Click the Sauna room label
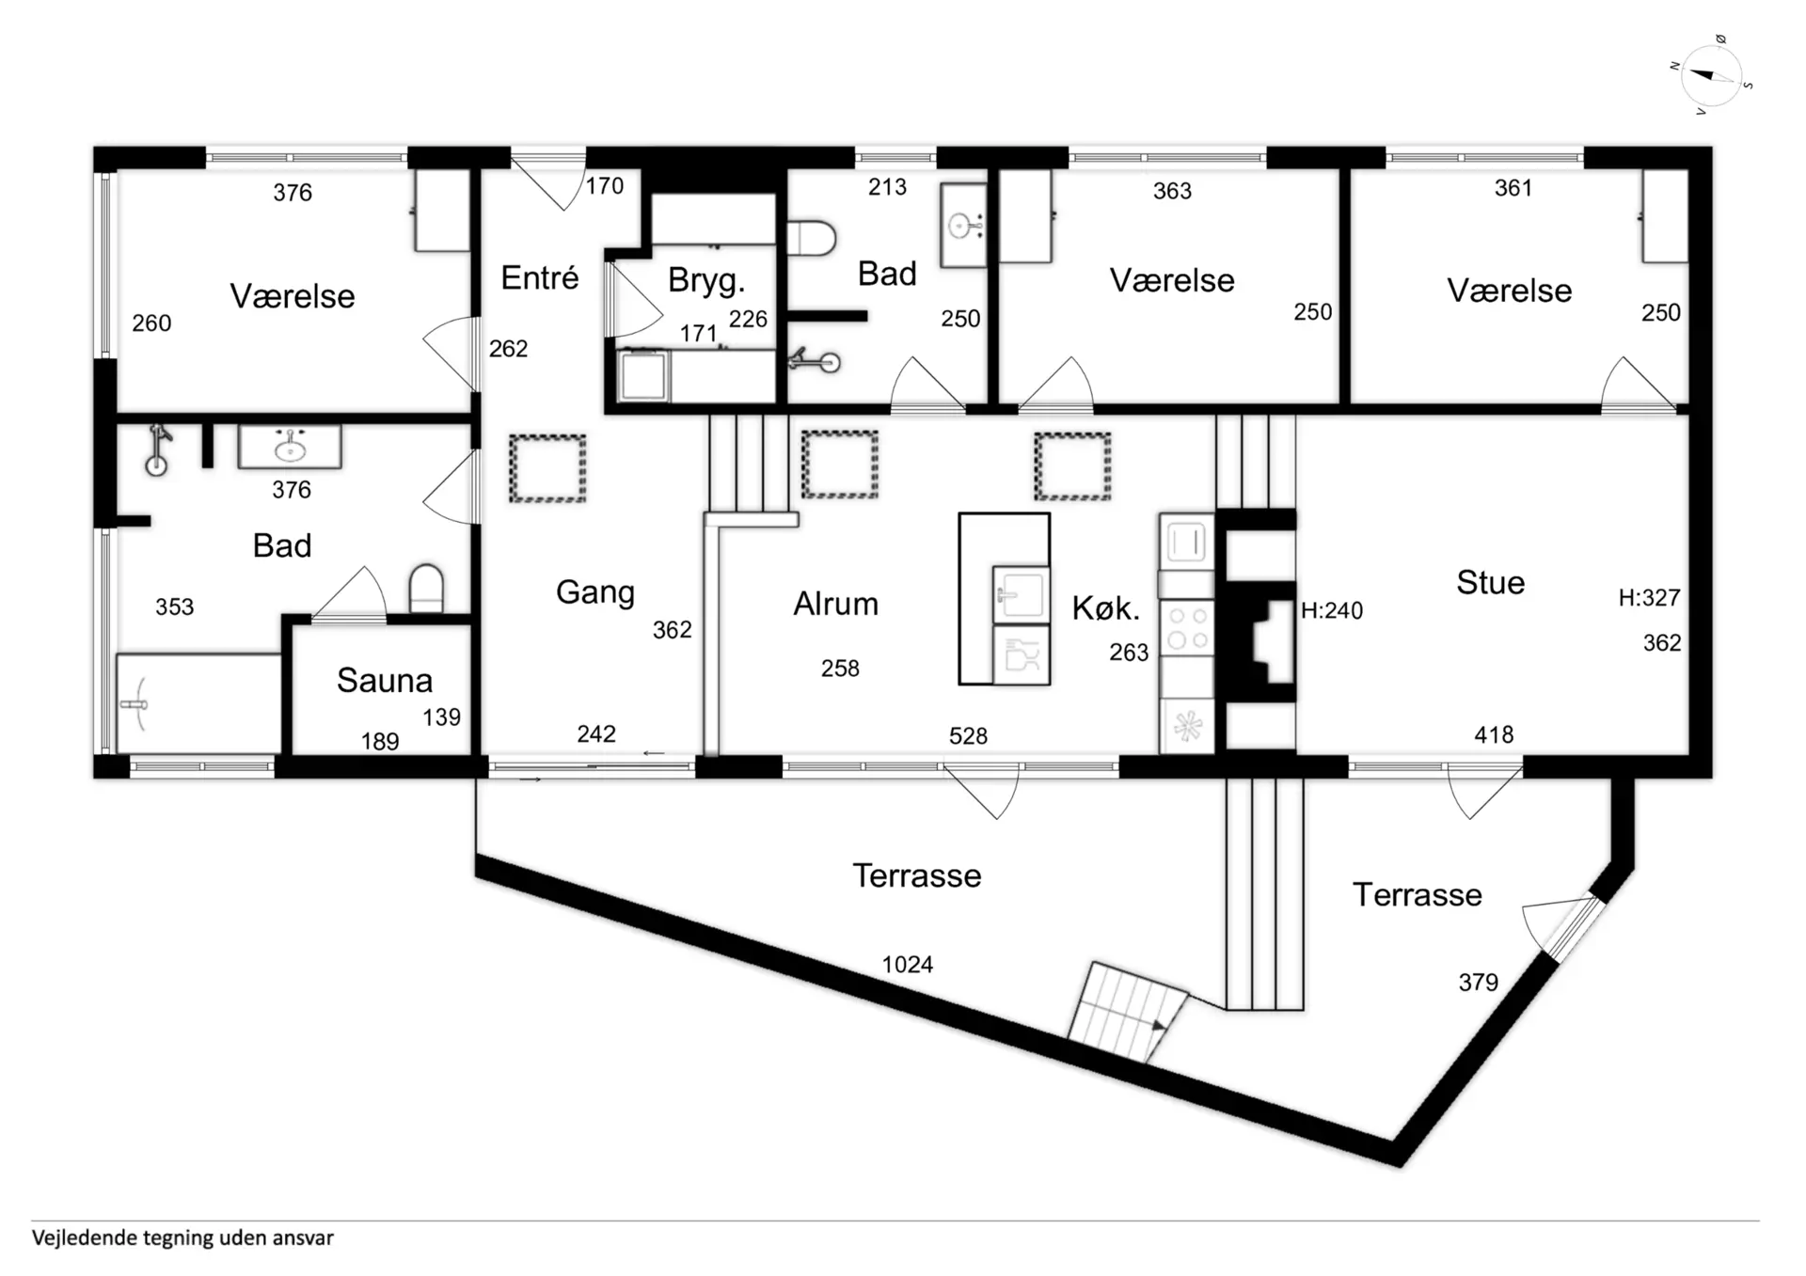[x=385, y=680]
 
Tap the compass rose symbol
[x=1712, y=75]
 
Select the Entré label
[x=540, y=277]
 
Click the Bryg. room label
[x=706, y=280]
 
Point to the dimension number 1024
[x=908, y=964]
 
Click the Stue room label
[x=1491, y=582]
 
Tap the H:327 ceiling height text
[x=1649, y=597]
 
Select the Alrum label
[x=836, y=604]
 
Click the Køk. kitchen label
[x=1106, y=608]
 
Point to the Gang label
[x=595, y=592]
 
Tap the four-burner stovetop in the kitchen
[x=1187, y=628]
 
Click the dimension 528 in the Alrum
[x=968, y=735]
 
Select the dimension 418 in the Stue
[x=1494, y=734]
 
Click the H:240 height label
[x=1332, y=610]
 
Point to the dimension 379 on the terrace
[x=1478, y=982]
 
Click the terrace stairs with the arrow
[x=1127, y=1013]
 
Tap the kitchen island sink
[x=1021, y=594]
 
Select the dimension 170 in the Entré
[x=605, y=185]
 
